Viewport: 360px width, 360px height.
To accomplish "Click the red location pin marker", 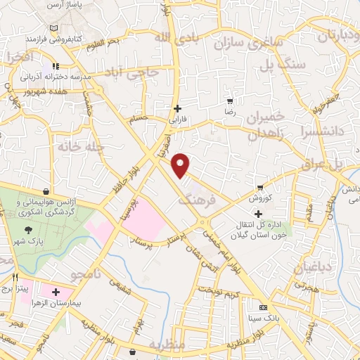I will [181, 165].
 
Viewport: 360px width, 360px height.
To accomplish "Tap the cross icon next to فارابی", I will [178, 109].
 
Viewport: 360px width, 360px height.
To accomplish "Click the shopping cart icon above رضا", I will [229, 101].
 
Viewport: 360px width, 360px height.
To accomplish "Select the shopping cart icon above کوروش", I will [260, 187].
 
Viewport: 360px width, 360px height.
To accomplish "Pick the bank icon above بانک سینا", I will [263, 307].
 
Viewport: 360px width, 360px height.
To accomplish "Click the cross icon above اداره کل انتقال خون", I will [259, 214].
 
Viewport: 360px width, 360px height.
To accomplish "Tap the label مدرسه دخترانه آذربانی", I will [53, 75].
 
